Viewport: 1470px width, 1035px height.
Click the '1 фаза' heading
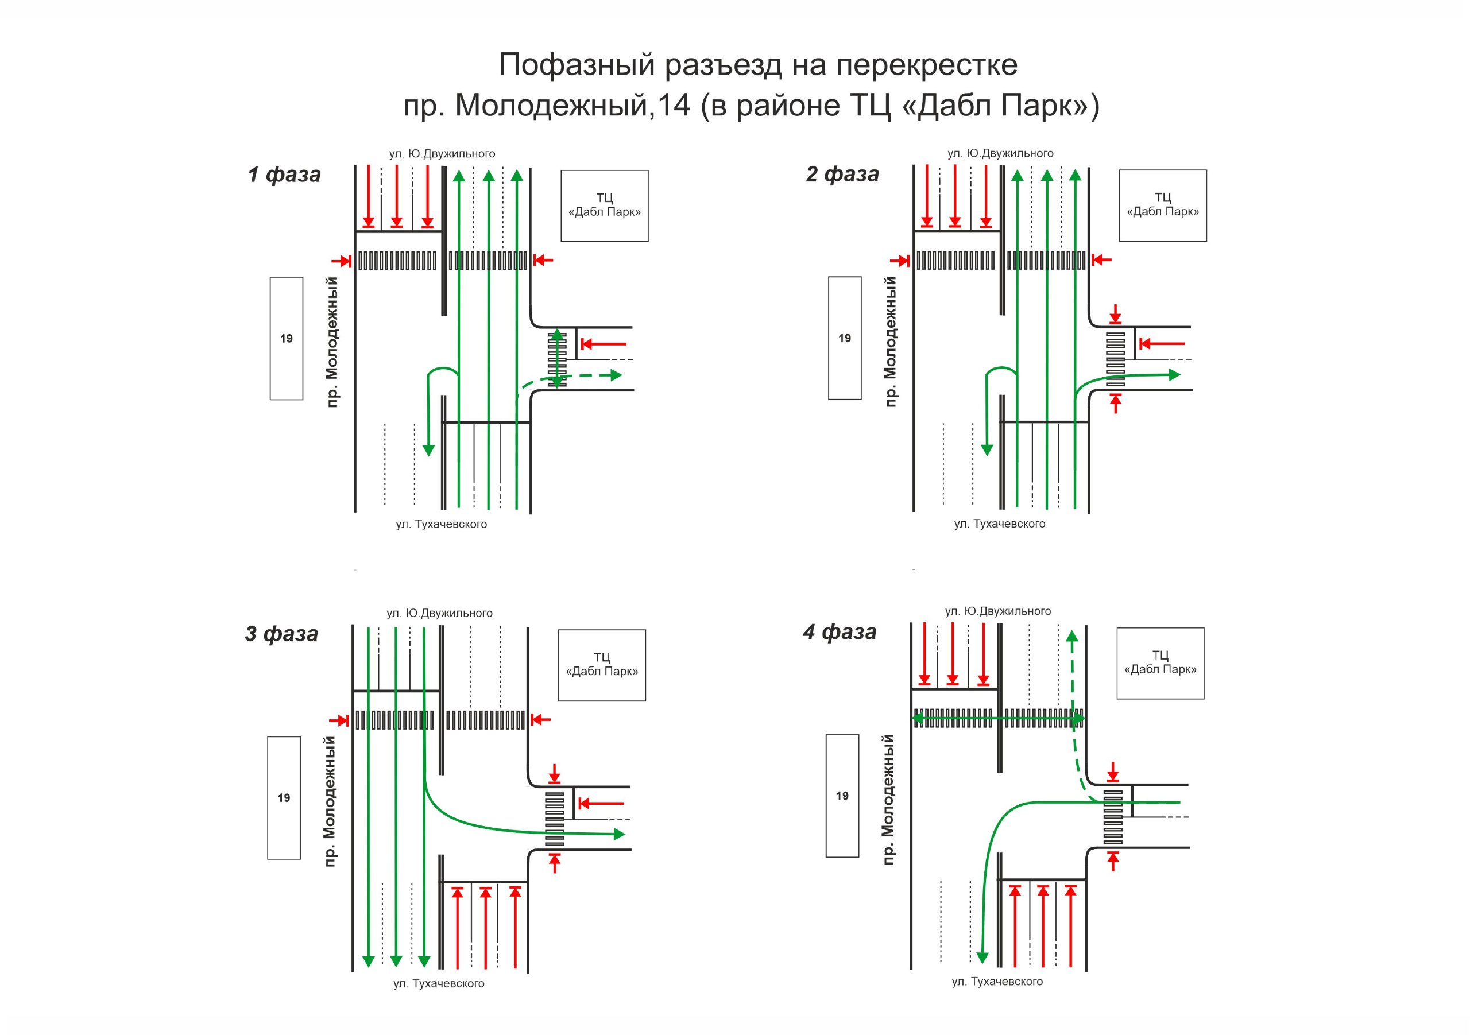point(284,174)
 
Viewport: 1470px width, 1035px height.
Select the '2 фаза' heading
point(842,173)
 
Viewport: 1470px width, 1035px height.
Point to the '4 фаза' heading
point(840,632)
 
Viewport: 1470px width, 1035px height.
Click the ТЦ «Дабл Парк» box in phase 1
point(605,206)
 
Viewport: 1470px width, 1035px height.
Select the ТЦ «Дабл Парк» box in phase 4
point(1160,662)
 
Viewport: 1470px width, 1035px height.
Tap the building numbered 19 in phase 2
point(845,338)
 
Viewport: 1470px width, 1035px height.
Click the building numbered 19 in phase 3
point(284,797)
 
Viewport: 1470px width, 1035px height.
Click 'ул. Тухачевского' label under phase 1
point(441,524)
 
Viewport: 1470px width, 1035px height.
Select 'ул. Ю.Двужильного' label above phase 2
point(1000,154)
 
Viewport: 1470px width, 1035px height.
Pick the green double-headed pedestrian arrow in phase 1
point(557,358)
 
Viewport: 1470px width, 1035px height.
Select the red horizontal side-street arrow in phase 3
point(602,803)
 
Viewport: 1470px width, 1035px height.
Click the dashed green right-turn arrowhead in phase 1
point(616,375)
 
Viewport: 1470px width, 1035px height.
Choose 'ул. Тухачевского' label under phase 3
point(439,984)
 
